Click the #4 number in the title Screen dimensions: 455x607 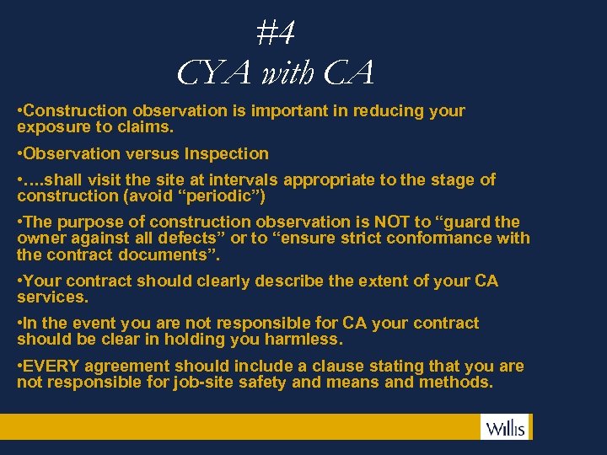click(276, 33)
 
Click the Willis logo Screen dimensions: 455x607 click(505, 428)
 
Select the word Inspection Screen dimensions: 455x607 click(226, 154)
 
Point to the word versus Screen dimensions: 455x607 click(154, 154)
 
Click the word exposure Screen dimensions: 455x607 click(50, 128)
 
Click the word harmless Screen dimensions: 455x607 click(303, 340)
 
